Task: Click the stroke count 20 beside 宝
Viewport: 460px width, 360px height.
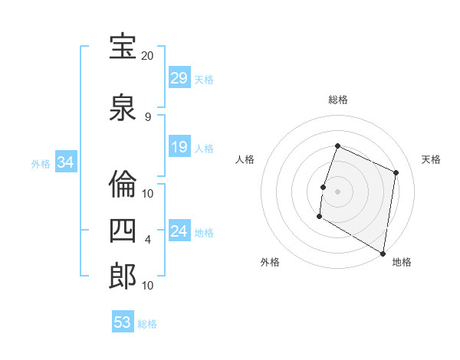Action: pyautogui.click(x=148, y=56)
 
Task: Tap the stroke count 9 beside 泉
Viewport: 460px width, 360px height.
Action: pyautogui.click(x=148, y=117)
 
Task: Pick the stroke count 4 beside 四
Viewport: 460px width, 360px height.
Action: pyautogui.click(x=148, y=239)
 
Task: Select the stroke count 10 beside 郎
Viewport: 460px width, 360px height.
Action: pyautogui.click(x=148, y=285)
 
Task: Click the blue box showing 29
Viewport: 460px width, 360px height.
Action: pyautogui.click(x=179, y=78)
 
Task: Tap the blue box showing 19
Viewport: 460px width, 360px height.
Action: pyautogui.click(x=179, y=147)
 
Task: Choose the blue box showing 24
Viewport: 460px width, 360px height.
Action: pyautogui.click(x=179, y=231)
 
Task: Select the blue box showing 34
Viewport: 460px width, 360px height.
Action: pyautogui.click(x=65, y=162)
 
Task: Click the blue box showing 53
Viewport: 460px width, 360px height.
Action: pyautogui.click(x=123, y=322)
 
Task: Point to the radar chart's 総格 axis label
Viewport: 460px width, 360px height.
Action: pyautogui.click(x=337, y=100)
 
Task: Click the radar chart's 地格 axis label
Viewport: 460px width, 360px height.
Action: pyautogui.click(x=402, y=262)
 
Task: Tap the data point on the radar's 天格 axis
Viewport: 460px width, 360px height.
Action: pyautogui.click(x=396, y=172)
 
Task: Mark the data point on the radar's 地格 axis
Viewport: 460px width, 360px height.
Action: pyautogui.click(x=383, y=252)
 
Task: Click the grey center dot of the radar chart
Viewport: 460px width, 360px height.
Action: pyautogui.click(x=337, y=191)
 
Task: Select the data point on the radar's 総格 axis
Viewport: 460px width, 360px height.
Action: pyautogui.click(x=337, y=146)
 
